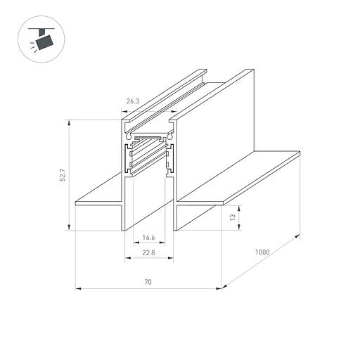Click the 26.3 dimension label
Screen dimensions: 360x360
coord(131,101)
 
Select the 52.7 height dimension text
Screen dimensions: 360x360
coord(62,174)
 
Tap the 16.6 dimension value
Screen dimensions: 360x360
coord(148,238)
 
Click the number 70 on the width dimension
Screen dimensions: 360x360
coord(148,282)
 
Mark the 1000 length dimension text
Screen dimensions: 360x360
coord(262,252)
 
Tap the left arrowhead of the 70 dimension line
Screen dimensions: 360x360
coord(77,288)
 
